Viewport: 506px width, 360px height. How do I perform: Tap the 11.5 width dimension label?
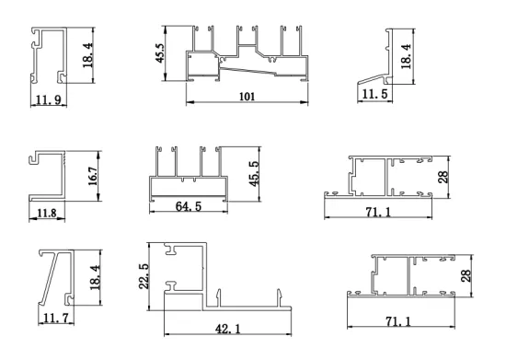(x=373, y=95)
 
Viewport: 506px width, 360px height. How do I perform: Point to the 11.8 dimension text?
(x=46, y=214)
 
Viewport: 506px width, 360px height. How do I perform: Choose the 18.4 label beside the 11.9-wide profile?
(x=88, y=57)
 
